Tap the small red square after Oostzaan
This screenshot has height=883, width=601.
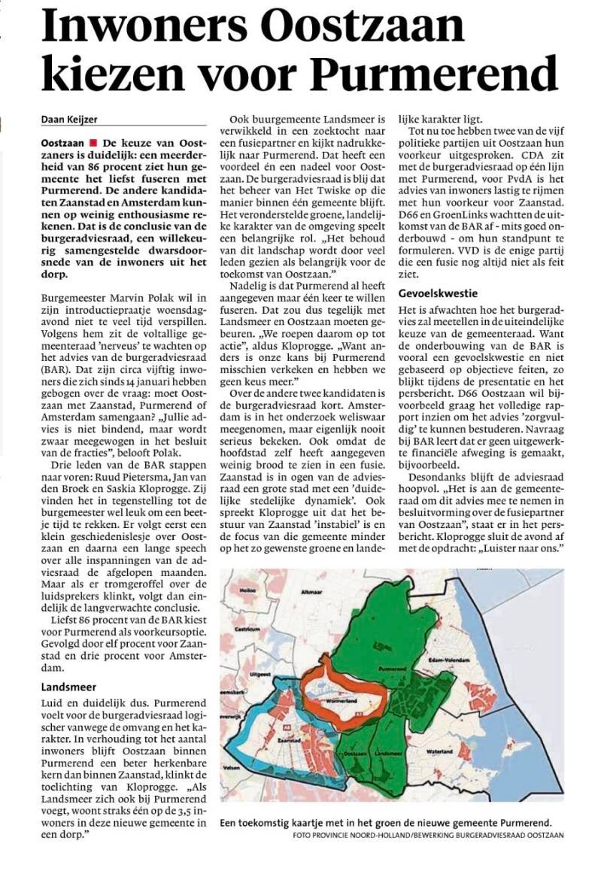click(x=93, y=142)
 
